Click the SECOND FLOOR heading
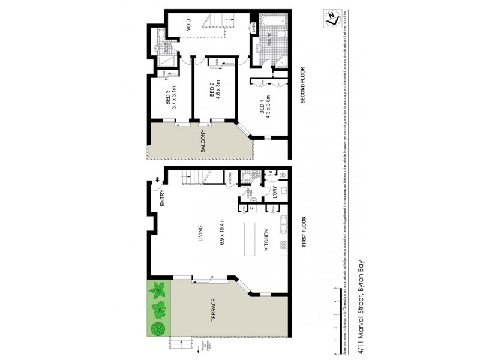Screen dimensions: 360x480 tap(304, 85)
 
